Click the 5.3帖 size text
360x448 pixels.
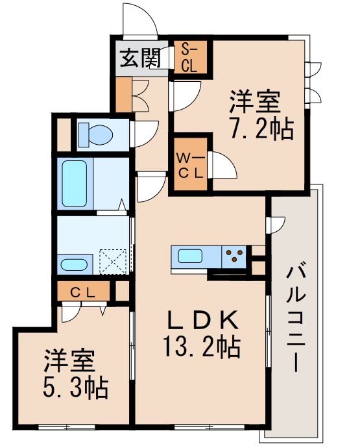[x=76, y=389]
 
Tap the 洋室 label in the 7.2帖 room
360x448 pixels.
[x=254, y=103]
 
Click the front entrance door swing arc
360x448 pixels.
[x=139, y=19]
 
